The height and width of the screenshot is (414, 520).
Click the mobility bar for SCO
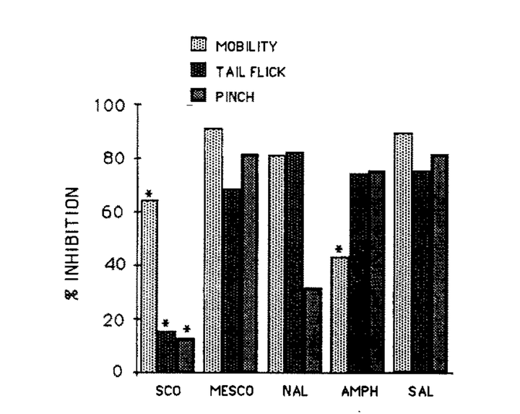click(x=149, y=286)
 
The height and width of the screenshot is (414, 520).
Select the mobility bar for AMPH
click(x=339, y=314)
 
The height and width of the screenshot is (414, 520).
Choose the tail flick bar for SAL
click(x=421, y=272)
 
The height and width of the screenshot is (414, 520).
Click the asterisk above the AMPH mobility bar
click(x=338, y=250)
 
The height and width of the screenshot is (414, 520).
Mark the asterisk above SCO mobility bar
click(x=149, y=194)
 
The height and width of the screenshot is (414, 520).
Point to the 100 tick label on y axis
click(x=111, y=105)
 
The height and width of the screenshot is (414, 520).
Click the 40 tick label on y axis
click(x=116, y=265)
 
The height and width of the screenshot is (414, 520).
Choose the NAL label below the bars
click(x=294, y=394)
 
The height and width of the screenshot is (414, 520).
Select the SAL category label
click(x=420, y=394)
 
